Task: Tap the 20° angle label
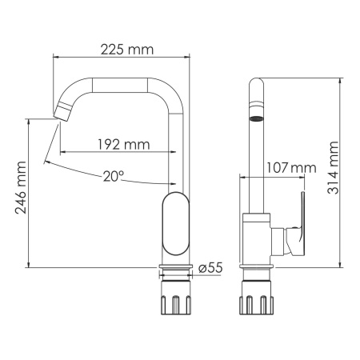[x=114, y=176]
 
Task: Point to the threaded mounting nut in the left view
[x=176, y=302]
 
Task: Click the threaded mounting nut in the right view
[x=255, y=302]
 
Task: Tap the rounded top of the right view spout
[x=255, y=85]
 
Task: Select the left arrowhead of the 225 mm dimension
[x=56, y=58]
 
